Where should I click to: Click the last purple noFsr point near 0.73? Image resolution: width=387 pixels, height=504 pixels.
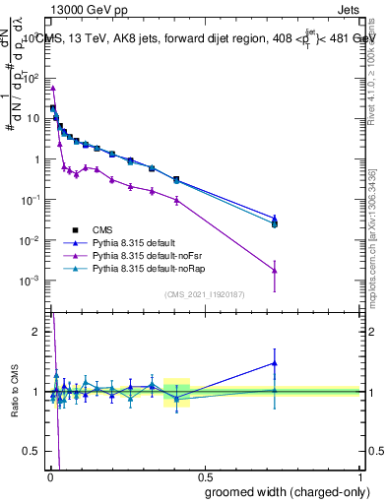[275, 271]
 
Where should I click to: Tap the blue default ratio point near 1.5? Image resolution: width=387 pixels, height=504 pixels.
[275, 363]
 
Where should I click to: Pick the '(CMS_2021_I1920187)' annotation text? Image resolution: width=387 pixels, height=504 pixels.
[204, 294]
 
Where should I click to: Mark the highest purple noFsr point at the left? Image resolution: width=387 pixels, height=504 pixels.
[52, 88]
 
